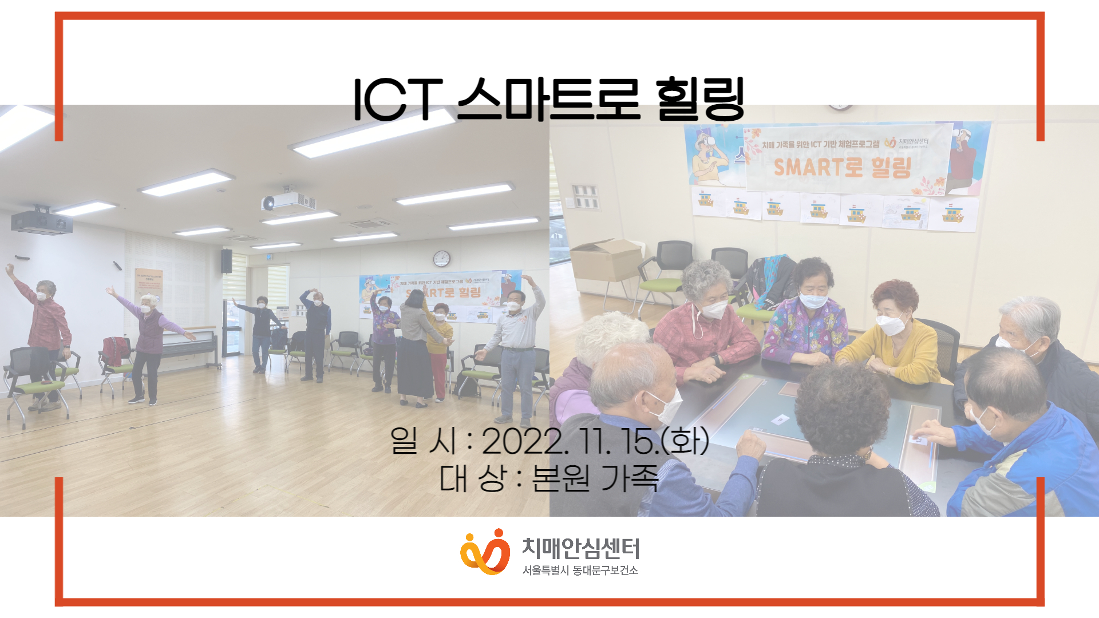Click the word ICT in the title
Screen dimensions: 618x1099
point(398,100)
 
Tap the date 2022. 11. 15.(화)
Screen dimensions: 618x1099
point(595,441)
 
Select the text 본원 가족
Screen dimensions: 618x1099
point(595,478)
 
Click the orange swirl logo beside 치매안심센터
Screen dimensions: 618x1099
point(485,552)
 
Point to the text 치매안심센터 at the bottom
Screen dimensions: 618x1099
point(580,548)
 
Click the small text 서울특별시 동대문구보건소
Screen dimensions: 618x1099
point(580,571)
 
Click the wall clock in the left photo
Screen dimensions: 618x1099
point(441,259)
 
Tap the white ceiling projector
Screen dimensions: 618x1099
point(287,200)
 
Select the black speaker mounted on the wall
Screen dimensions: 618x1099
point(227,261)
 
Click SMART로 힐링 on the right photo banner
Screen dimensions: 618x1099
point(841,168)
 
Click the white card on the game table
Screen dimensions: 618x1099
point(780,421)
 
